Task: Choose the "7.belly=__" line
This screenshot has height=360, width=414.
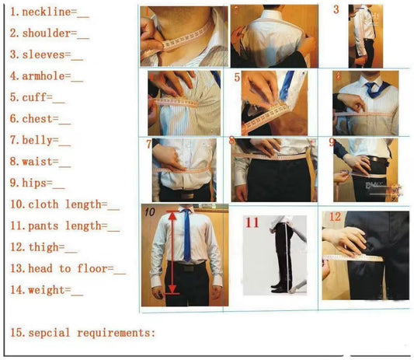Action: pyautogui.click(x=40, y=141)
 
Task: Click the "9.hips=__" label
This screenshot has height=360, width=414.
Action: pyautogui.click(x=37, y=183)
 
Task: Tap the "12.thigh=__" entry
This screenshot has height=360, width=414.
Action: pyautogui.click(x=43, y=248)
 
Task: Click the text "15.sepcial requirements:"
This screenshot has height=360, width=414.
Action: pyautogui.click(x=82, y=332)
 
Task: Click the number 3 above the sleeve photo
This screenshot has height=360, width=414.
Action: pyautogui.click(x=336, y=10)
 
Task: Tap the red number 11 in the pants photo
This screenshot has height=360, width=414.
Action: pyautogui.click(x=252, y=222)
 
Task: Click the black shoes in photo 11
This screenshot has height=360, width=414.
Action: pyautogui.click(x=279, y=288)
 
